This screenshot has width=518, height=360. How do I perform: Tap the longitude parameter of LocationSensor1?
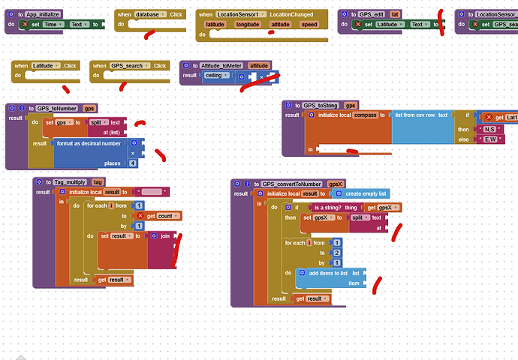[x=247, y=25]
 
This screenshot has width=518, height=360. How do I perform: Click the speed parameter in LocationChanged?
[x=309, y=25]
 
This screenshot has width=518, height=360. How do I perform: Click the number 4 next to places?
[x=133, y=163]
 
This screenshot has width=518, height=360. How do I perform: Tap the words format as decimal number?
[x=88, y=142]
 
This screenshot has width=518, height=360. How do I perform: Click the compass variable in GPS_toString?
[x=366, y=115]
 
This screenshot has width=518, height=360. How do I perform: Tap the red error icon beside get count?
[x=140, y=216]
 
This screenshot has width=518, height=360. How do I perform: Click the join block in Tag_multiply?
[x=164, y=235]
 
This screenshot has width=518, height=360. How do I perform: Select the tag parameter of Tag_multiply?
[x=98, y=182]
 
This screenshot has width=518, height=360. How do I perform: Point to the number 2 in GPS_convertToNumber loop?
[x=337, y=253]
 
